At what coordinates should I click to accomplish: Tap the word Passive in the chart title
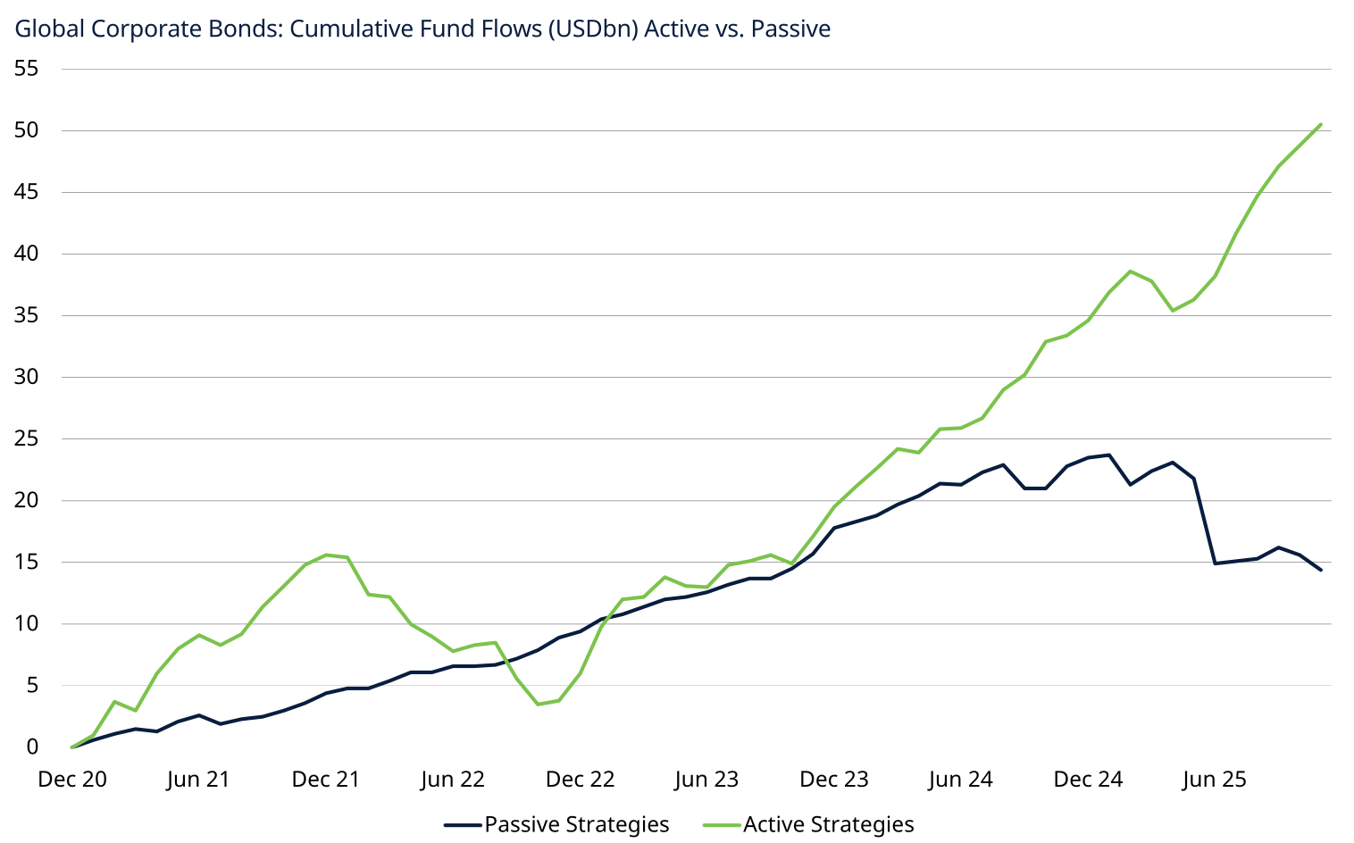791,29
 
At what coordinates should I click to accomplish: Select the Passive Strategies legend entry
576,824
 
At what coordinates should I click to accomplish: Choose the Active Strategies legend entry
828,824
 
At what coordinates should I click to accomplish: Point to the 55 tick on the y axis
27,69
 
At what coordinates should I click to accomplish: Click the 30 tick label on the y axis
27,377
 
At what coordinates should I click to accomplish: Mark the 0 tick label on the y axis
32,747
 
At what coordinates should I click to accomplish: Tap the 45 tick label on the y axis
27,192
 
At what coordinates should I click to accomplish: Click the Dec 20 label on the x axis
72,780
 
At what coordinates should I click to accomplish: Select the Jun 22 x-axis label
453,780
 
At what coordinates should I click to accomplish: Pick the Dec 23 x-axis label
834,780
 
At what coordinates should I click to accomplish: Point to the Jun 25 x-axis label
1215,780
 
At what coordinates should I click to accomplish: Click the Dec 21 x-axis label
326,780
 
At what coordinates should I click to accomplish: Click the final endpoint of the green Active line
1320,125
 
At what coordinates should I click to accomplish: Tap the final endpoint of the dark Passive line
1320,570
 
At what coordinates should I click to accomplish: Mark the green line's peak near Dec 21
326,555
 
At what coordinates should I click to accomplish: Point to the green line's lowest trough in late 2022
538,704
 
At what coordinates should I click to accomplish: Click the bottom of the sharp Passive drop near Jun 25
1215,563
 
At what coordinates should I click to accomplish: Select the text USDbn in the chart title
590,29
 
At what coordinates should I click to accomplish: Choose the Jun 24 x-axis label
961,780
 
